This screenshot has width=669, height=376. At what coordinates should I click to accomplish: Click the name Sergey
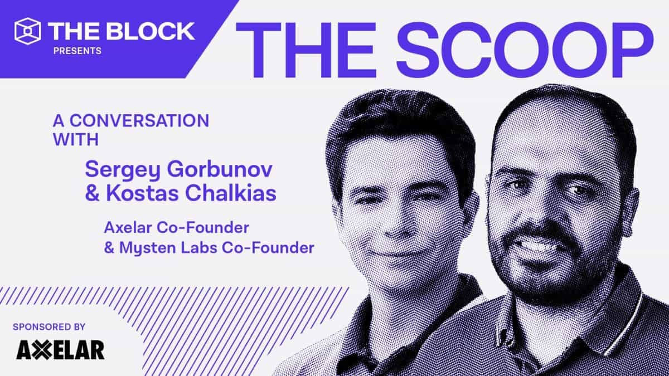point(113,167)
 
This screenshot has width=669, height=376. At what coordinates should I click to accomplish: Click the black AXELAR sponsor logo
point(60,350)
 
